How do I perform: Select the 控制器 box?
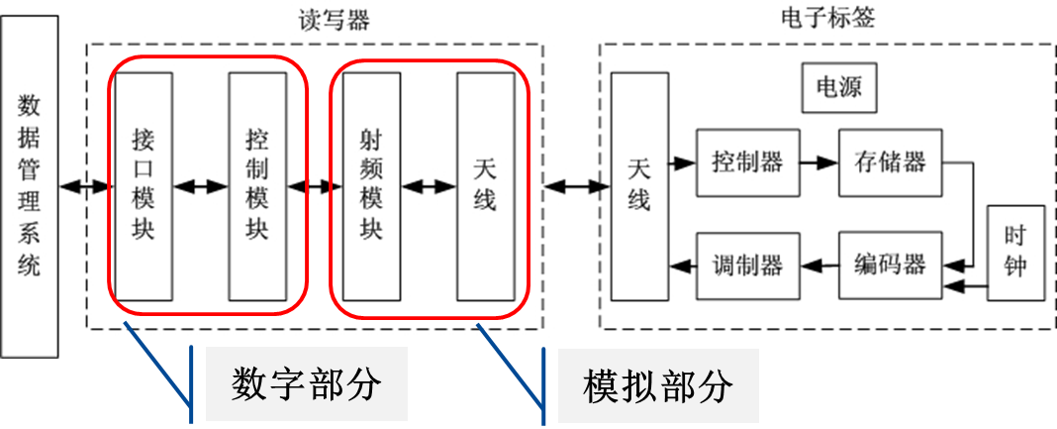click(747, 162)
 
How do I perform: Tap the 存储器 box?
click(890, 162)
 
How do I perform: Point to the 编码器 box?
click(890, 265)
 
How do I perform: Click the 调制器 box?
click(747, 265)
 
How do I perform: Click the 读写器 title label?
click(334, 19)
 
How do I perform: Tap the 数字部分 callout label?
click(306, 384)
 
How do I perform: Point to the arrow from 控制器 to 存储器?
click(818, 162)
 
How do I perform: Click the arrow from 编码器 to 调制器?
click(818, 265)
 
